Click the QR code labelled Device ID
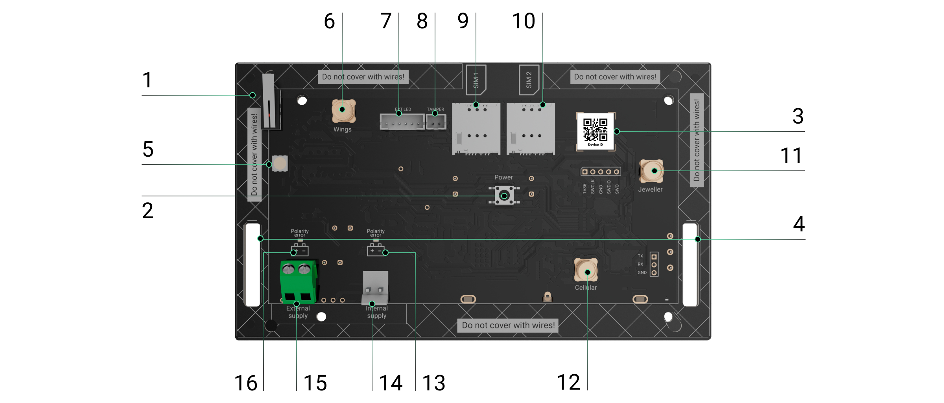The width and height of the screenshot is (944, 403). click(x=595, y=130)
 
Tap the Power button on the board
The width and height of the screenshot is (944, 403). click(x=504, y=196)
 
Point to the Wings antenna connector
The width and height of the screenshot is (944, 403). click(x=343, y=111)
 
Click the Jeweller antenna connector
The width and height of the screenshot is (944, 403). click(x=651, y=171)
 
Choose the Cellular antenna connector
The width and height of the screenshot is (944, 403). click(x=586, y=270)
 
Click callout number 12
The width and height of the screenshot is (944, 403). click(x=568, y=383)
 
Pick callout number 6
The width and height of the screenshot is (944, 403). click(x=329, y=21)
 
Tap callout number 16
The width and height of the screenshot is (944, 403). click(x=246, y=383)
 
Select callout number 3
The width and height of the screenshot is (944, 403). click(x=798, y=116)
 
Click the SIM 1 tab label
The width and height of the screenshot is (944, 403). click(x=476, y=80)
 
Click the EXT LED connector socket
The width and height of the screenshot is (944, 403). click(x=402, y=122)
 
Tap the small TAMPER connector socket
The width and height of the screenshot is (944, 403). click(x=436, y=122)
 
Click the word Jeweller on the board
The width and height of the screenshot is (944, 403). click(x=650, y=190)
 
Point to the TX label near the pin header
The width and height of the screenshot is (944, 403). click(x=640, y=256)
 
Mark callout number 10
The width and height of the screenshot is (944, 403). click(x=524, y=21)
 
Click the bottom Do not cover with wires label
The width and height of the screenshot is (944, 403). click(x=508, y=325)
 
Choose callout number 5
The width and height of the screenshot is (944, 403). click(x=148, y=150)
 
